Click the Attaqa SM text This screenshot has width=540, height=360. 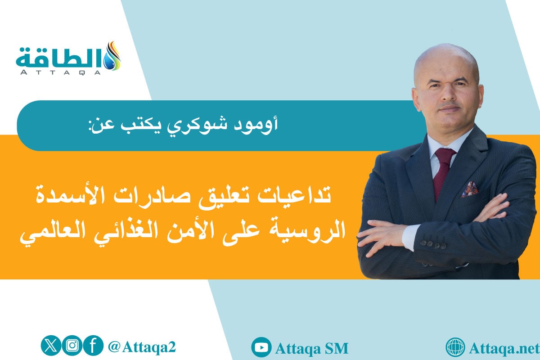[x=311, y=348]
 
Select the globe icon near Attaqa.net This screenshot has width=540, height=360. [x=455, y=347]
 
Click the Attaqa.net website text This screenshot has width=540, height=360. [x=503, y=348]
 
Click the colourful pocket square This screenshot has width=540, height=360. [x=470, y=189]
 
